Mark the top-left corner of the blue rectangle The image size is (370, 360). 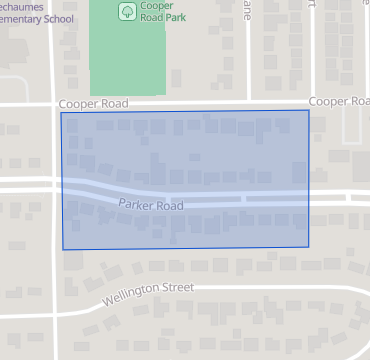[x=61, y=112]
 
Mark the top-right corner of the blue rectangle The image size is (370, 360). [x=309, y=110]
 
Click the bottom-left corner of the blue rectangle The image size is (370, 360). [x=63, y=249]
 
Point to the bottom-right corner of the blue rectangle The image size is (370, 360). [x=309, y=246]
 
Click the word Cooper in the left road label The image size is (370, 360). [x=78, y=103]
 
